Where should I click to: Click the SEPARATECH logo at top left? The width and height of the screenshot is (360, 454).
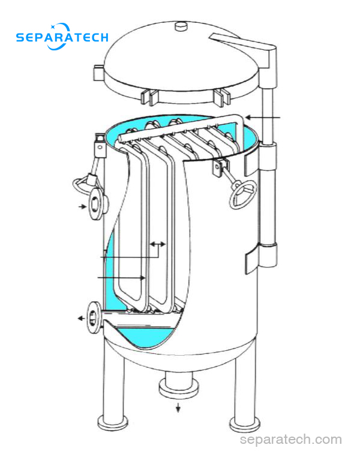pos(62,37)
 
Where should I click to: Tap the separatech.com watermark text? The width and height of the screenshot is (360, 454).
pos(290,439)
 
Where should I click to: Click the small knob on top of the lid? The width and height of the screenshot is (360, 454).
pos(182,26)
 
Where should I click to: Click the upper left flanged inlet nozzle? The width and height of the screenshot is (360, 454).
pos(97,203)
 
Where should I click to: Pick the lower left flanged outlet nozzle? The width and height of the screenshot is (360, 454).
pos(95,318)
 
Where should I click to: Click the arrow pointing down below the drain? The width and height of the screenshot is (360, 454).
pos(178,407)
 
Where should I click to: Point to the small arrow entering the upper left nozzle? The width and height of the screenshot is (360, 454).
pos(83,206)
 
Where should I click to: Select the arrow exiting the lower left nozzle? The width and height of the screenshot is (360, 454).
pos(81,318)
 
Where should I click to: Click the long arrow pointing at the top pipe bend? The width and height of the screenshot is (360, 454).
pos(263,118)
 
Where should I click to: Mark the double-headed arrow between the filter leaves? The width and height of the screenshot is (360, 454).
pos(158,244)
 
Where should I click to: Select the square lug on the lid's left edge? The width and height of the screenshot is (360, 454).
pos(98,74)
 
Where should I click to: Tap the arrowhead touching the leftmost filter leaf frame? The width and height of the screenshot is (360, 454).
pos(143,278)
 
